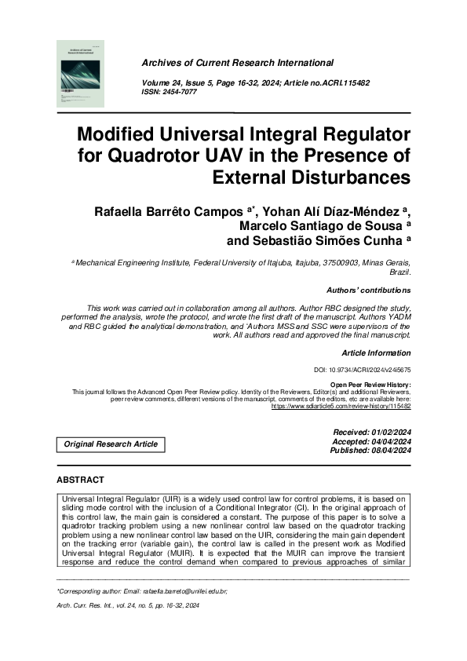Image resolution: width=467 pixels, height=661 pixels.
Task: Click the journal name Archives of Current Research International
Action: pyautogui.click(x=237, y=63)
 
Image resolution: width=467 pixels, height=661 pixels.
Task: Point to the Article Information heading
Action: pyautogui.click(x=376, y=353)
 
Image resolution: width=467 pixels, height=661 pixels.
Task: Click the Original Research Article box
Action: pyautogui.click(x=111, y=444)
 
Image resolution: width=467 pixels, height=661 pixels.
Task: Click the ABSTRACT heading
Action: pyautogui.click(x=81, y=480)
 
